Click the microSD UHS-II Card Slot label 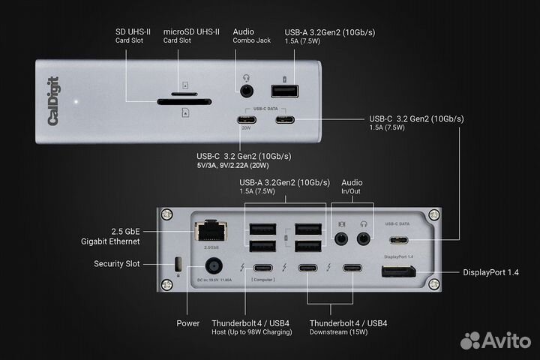tap(191, 36)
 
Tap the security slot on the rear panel tap(177, 264)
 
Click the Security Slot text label tap(118, 264)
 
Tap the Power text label tap(187, 323)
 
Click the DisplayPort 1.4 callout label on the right tap(491, 271)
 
